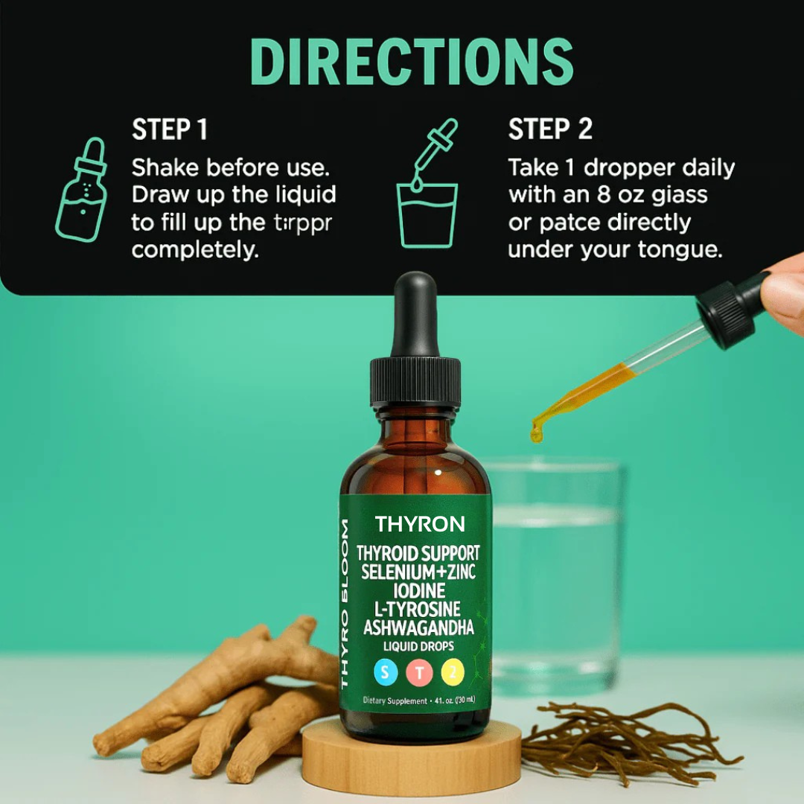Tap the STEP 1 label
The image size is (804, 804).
pos(170,130)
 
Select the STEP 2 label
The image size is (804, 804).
pos(550,130)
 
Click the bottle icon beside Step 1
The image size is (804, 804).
pos(81,189)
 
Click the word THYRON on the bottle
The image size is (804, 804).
pos(420,524)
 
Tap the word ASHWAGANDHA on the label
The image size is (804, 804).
pos(418,628)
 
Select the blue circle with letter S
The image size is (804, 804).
pos(385,673)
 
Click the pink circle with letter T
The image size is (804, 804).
pos(419,673)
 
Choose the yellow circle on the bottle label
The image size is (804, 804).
pos(453,673)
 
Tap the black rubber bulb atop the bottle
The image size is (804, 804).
pos(414,313)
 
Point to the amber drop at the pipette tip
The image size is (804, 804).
pos(537,431)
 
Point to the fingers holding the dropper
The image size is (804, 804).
pos(785,290)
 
